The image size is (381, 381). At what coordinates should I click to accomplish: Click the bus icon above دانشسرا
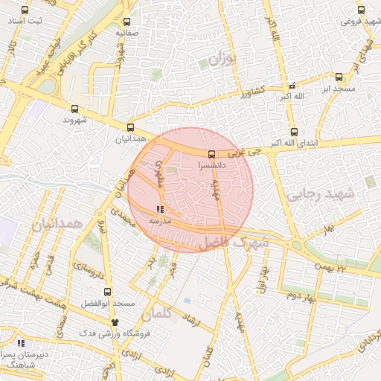pos(212,155)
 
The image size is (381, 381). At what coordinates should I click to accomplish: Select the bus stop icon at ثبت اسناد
pos(26,10)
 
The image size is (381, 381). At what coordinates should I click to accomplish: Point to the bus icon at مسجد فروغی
pos(361,10)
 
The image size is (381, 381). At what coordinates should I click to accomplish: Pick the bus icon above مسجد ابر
pos(339,77)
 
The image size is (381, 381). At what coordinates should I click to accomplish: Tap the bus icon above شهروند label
pos(74,108)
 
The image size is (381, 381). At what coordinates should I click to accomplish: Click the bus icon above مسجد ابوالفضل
pos(108,292)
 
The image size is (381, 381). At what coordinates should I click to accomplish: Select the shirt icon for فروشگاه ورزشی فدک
pos(115,321)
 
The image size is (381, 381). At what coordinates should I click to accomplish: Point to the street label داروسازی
pos(83,274)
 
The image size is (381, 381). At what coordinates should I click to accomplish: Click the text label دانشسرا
pos(212,167)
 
